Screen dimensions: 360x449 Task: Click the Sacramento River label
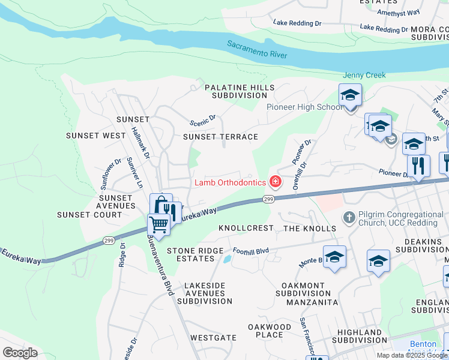coord(257,50)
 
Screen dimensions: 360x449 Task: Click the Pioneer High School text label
coord(304,107)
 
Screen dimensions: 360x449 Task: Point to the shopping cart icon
coord(158,224)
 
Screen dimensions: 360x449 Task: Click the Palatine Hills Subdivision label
coord(235,91)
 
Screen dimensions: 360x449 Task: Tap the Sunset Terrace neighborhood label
coord(220,137)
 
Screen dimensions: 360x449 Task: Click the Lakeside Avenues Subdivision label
coord(196,289)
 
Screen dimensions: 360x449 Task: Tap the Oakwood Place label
coord(265,331)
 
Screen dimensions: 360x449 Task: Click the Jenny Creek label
coord(364,76)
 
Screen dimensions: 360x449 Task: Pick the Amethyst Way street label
coord(398,12)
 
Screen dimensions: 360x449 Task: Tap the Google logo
coord(20,352)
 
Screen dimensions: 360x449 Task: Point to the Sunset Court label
coord(89,215)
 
